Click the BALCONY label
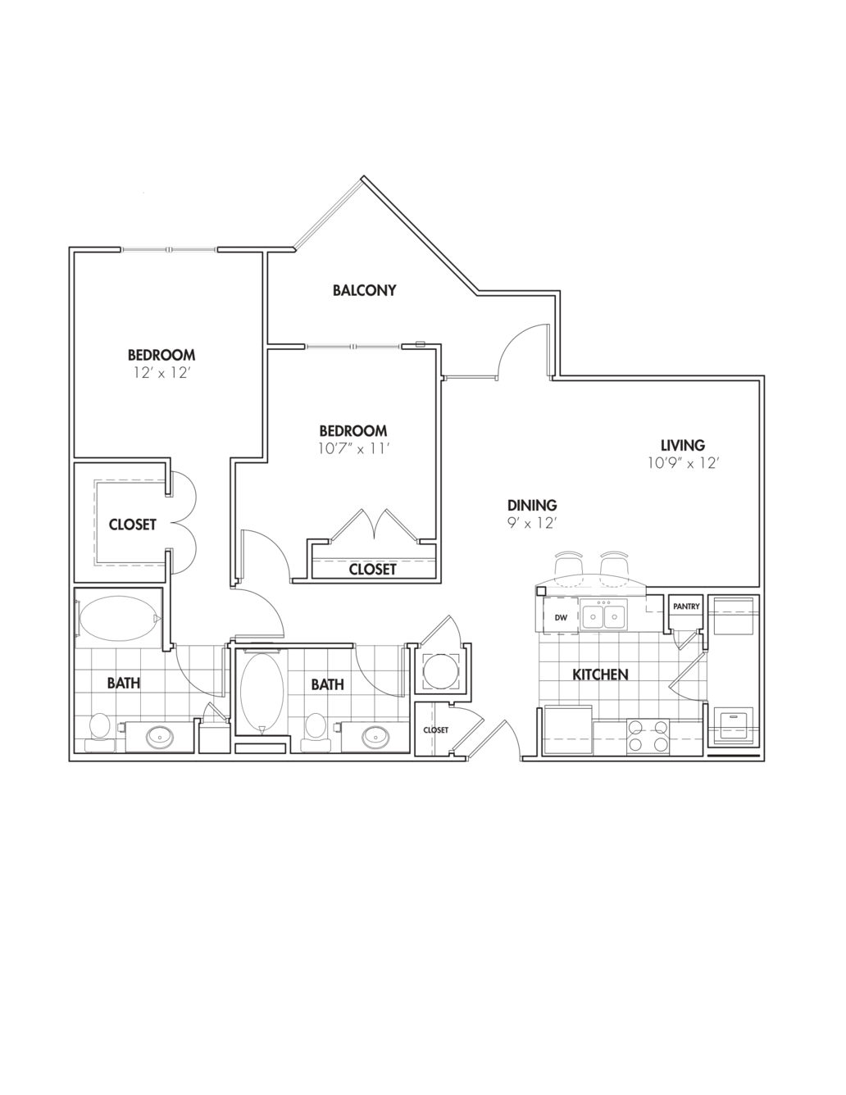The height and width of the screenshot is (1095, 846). (x=364, y=290)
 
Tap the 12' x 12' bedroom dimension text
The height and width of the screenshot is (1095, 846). (x=161, y=373)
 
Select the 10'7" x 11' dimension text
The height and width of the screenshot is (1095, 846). (x=352, y=448)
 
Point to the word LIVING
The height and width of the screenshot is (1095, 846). (x=683, y=445)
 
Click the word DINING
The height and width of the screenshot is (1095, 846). (x=531, y=506)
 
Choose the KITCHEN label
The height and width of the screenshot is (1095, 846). (x=600, y=675)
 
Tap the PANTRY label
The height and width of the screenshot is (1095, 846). (x=686, y=607)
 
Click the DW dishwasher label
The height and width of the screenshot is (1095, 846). (x=561, y=617)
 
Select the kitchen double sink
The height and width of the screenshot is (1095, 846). (x=603, y=616)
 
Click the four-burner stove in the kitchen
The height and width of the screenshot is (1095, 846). (x=648, y=736)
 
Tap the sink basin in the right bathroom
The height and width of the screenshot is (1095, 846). (x=376, y=735)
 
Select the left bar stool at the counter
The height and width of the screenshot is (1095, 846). (x=567, y=565)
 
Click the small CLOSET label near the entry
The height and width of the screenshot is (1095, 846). (x=435, y=729)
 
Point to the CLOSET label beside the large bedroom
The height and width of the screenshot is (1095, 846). (x=132, y=525)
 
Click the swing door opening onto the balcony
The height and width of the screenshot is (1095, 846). (x=523, y=351)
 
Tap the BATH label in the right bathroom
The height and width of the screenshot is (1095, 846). (x=327, y=684)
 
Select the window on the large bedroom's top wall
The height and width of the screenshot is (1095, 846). (x=170, y=249)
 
